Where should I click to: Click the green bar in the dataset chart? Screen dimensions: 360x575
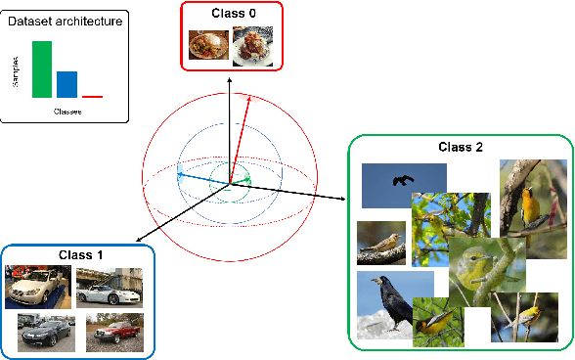42,69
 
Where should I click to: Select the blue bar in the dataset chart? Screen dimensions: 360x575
66,84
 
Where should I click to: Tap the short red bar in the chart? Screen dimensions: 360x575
92,97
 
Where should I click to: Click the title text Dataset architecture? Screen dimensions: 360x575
65,20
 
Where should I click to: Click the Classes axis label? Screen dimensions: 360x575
66,112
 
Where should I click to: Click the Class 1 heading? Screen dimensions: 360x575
79,253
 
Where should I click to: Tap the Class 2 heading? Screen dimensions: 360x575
460,147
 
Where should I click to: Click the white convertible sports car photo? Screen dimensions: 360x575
109,288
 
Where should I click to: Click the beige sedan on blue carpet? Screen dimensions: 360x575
36,288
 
